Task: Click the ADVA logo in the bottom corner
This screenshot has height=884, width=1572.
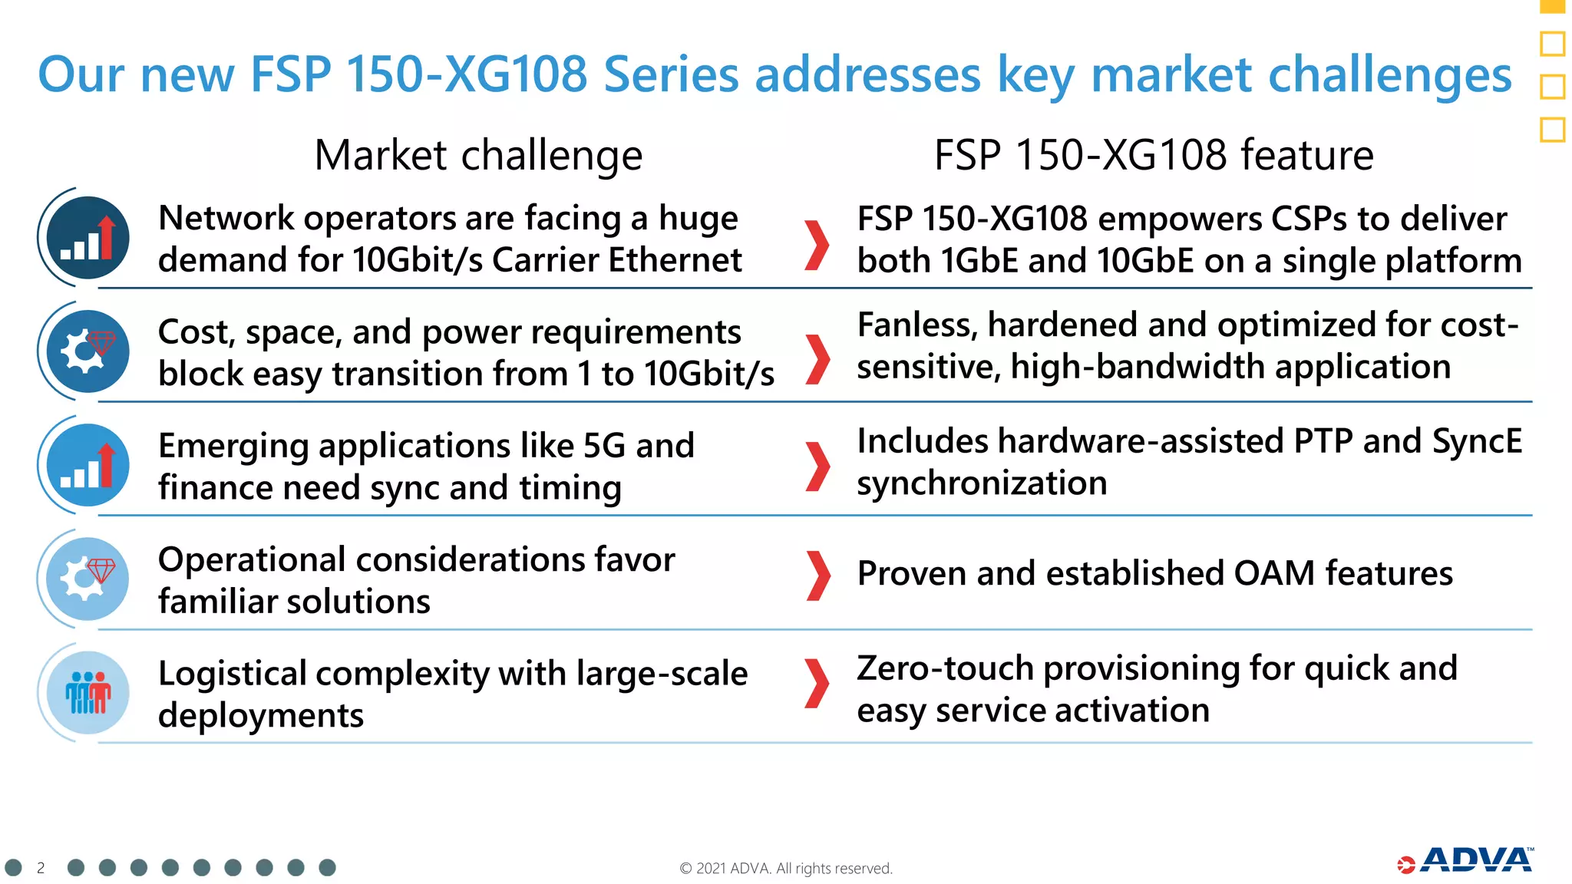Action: [1466, 861]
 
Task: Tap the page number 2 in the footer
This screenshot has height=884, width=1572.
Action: [41, 868]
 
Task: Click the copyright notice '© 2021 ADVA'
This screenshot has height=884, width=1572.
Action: [785, 868]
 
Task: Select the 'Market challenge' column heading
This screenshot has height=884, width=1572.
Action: [478, 155]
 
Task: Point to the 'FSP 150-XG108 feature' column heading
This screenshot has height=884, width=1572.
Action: [1153, 155]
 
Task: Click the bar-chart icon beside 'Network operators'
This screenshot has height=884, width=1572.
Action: [88, 238]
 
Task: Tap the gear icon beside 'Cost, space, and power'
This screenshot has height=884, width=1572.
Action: [88, 351]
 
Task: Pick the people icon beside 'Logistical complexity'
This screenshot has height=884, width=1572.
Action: [88, 692]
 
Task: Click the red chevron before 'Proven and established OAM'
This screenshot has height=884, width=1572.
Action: [818, 576]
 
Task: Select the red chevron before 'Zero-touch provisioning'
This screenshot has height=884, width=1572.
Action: [818, 683]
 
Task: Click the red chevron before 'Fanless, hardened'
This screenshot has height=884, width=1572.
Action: [818, 359]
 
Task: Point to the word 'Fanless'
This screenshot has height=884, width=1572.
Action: [916, 325]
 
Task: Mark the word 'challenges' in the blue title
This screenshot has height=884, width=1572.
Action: [1389, 75]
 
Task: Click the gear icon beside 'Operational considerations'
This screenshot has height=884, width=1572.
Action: [88, 579]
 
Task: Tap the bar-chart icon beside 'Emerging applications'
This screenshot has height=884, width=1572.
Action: [88, 465]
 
